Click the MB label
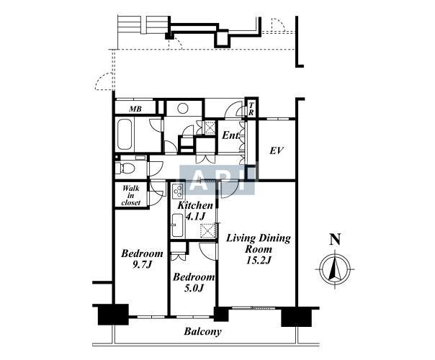coord(135,109)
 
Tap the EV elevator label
coord(277,151)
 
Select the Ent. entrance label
coord(230,135)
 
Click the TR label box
coord(251,109)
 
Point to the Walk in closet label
coord(131,195)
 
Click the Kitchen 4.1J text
coord(195,210)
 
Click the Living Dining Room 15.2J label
coord(259,249)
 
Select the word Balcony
coord(203,331)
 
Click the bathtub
coord(125,135)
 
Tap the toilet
coord(125,168)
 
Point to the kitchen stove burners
coord(178,191)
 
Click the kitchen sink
coord(177,225)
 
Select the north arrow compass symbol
coord(335,269)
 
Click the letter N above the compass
coord(335,239)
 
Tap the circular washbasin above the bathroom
coord(183,109)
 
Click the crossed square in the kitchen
coord(208,230)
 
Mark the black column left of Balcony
coord(113,315)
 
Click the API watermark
coord(217,180)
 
